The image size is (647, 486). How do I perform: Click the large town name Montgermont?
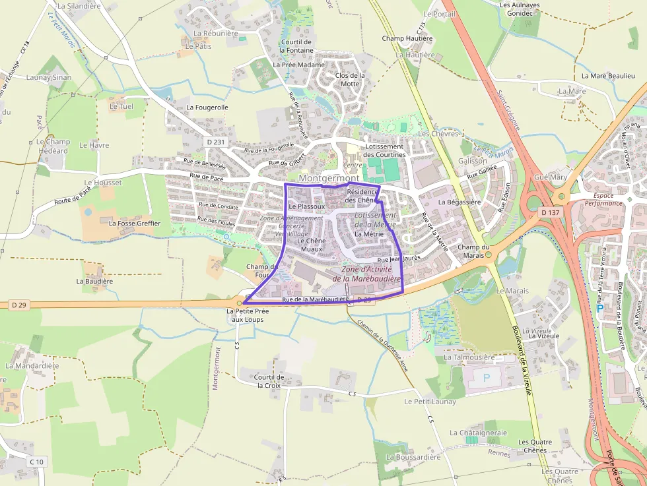(x=329, y=178)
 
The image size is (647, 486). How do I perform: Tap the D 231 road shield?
(x=215, y=142)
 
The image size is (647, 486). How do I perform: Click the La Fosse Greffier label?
(x=135, y=223)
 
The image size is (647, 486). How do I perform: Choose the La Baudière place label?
(x=94, y=281)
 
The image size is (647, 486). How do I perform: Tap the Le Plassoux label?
(x=306, y=206)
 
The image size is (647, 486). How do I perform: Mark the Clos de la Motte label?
(x=350, y=79)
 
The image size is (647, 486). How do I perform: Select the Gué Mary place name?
(x=550, y=177)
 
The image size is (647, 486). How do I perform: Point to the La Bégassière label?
(x=460, y=202)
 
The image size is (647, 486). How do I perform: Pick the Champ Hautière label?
(x=407, y=38)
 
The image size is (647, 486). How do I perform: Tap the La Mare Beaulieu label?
(x=608, y=76)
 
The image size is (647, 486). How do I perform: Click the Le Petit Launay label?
(x=430, y=401)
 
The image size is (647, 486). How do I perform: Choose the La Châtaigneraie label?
(x=478, y=433)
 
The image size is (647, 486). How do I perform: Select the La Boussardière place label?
(x=413, y=457)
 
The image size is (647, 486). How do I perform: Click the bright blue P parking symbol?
(x=599, y=308)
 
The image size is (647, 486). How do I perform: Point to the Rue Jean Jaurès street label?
(x=398, y=259)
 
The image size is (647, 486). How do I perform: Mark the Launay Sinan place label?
(x=49, y=77)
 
